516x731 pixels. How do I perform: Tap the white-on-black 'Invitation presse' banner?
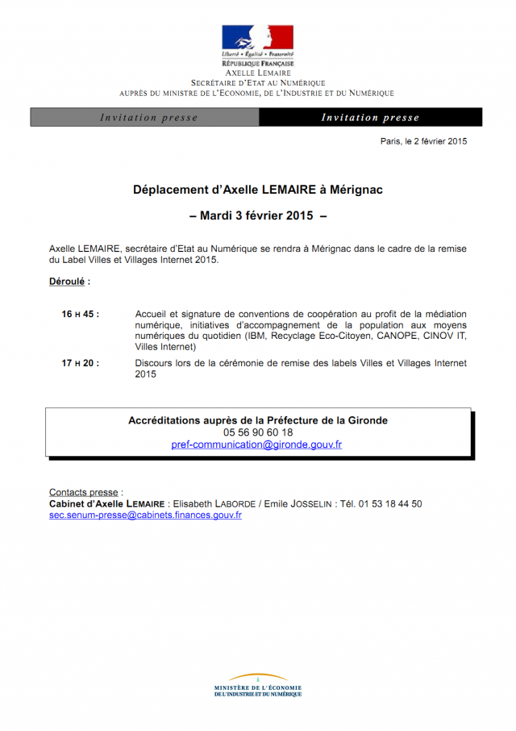click(x=370, y=118)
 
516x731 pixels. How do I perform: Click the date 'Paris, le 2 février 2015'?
click(x=423, y=141)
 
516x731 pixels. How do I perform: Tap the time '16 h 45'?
click(x=80, y=315)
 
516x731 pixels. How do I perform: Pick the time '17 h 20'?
click(x=80, y=364)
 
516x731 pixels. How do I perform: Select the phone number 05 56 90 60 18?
click(x=258, y=432)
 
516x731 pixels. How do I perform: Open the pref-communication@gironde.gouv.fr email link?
click(x=257, y=445)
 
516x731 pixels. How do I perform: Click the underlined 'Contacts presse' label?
click(x=84, y=492)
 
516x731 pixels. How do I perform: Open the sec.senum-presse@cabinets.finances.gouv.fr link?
click(x=145, y=515)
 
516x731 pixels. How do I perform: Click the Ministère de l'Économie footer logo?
click(x=258, y=685)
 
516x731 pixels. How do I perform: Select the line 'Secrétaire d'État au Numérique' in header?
click(x=258, y=83)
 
